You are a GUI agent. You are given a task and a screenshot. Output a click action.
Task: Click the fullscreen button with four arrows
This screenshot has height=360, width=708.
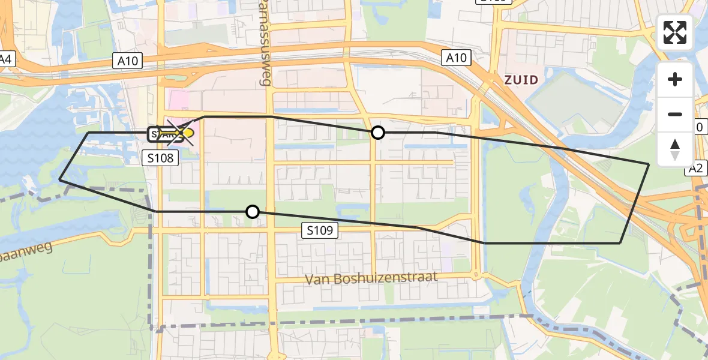tap(675, 32)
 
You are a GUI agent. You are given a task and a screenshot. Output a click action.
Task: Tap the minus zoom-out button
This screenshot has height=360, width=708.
tap(675, 114)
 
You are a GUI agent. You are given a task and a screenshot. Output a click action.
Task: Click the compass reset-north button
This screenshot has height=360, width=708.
tap(675, 149)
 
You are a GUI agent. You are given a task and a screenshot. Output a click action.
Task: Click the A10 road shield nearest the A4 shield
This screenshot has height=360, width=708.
tap(127, 60)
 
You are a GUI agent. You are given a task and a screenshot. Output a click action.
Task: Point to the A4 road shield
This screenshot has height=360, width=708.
tap(6, 59)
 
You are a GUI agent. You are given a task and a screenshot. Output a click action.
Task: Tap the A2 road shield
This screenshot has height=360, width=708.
tap(695, 169)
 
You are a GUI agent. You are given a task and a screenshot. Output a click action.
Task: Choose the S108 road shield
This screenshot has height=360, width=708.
tap(160, 158)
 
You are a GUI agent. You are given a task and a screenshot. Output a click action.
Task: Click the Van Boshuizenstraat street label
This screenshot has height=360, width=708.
tap(371, 278)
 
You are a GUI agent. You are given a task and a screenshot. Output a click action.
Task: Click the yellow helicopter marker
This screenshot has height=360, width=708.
tap(184, 133)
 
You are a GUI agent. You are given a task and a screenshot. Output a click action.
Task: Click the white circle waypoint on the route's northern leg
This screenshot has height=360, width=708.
tap(377, 133)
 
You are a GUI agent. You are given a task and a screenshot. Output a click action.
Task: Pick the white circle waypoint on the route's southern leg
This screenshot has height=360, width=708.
tap(253, 212)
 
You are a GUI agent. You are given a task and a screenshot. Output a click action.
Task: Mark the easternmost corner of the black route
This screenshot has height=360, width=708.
tap(649, 163)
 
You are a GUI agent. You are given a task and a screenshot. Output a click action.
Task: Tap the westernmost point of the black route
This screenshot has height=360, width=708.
tap(59, 179)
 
